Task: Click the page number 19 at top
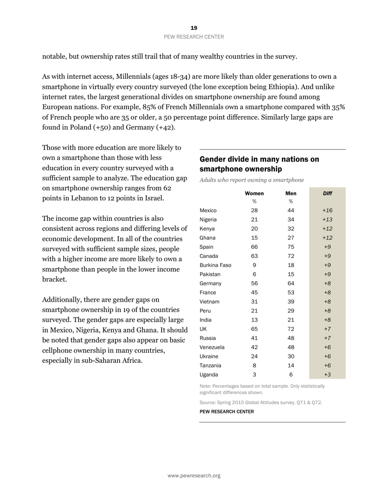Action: [194, 28]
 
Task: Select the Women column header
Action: [254, 193]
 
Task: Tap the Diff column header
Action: [327, 193]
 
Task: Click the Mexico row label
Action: [208, 211]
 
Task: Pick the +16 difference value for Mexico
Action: [327, 211]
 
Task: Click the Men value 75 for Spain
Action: [291, 247]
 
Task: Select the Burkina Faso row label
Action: [215, 265]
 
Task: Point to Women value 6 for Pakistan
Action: [254, 274]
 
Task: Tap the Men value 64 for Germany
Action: [291, 283]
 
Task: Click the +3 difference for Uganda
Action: [327, 375]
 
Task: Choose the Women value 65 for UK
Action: [254, 329]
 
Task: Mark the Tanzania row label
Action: [210, 366]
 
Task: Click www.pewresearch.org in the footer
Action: [194, 475]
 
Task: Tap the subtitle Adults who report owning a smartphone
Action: [252, 180]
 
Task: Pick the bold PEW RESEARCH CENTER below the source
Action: [226, 411]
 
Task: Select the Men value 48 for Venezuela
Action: [291, 347]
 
